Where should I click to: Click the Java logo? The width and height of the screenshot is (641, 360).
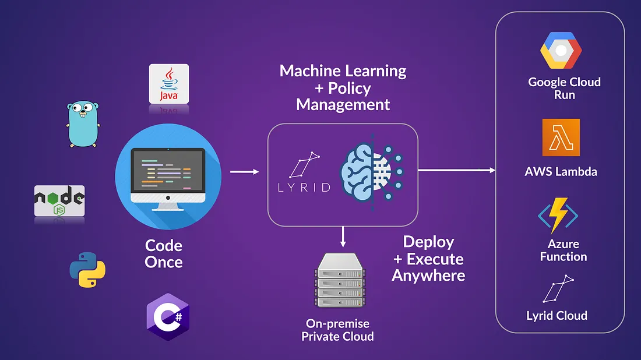point(169,84)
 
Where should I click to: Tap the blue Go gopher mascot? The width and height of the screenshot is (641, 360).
point(83,124)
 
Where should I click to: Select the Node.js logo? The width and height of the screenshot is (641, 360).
point(59,200)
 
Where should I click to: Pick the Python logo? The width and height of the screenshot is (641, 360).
point(87,270)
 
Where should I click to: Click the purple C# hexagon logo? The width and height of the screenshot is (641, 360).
point(168,317)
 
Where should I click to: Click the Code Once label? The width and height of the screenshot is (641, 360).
point(164,254)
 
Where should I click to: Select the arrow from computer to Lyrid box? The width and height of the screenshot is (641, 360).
point(245,172)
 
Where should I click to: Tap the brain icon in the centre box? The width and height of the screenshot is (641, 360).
point(372,172)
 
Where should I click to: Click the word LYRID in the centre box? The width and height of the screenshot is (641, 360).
point(304,188)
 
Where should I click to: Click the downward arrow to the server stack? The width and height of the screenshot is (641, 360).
point(343,237)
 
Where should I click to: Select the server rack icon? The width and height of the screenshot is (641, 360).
point(340,280)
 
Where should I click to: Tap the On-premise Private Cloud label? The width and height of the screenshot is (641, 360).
point(337,330)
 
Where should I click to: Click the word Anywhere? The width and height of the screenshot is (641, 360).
point(428,276)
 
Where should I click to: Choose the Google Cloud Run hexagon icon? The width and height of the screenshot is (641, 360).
point(561,50)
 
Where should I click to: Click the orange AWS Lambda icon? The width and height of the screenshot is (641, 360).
point(561,137)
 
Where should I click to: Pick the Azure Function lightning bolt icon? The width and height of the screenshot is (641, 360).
point(558,216)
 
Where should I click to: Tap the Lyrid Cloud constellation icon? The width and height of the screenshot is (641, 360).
point(558,289)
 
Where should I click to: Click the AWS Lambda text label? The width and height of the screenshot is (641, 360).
point(561,172)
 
